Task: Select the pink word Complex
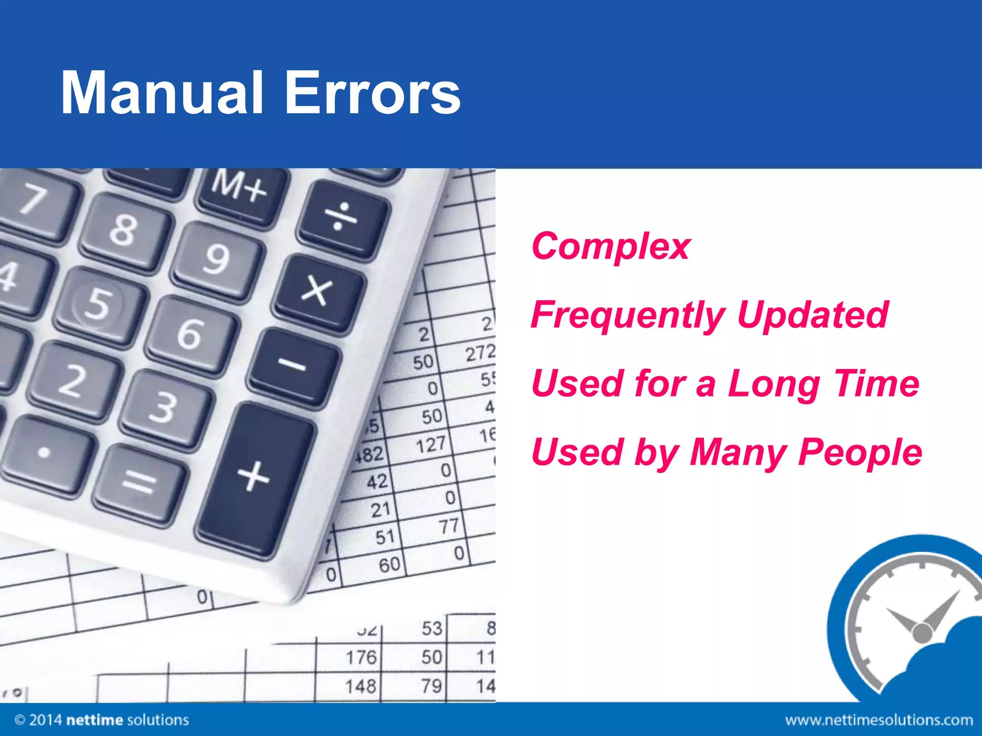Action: coord(610,246)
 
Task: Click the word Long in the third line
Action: coord(773,383)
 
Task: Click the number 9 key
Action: coord(217,259)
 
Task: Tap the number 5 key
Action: coord(99,303)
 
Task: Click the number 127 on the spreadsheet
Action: coord(430,445)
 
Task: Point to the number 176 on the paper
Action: coord(361,657)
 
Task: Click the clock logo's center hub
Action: coord(921,632)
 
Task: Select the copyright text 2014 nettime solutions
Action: coord(102,720)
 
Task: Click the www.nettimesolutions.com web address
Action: coord(879,720)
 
